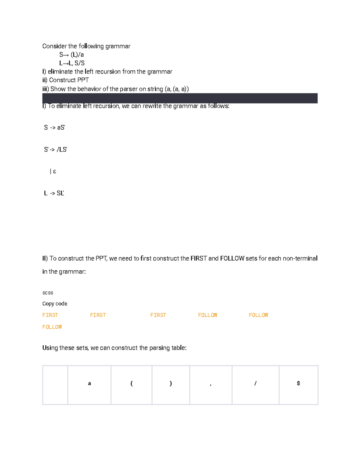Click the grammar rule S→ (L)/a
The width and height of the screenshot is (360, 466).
(x=71, y=55)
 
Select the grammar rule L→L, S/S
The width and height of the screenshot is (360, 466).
(x=72, y=63)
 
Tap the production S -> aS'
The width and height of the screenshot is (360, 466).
(x=55, y=128)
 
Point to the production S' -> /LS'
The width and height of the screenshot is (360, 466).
(x=55, y=149)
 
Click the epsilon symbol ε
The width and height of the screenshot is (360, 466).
(x=54, y=171)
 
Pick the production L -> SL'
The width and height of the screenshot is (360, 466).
(x=54, y=193)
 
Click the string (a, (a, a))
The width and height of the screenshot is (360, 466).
(x=177, y=89)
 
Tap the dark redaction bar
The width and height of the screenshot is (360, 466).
(x=180, y=98)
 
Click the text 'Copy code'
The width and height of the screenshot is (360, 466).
(x=55, y=304)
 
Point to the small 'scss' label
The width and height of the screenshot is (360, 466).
(x=48, y=293)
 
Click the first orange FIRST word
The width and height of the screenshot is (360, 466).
(x=50, y=315)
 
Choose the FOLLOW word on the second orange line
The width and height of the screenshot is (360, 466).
(x=52, y=327)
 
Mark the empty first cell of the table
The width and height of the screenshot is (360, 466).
(x=55, y=385)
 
